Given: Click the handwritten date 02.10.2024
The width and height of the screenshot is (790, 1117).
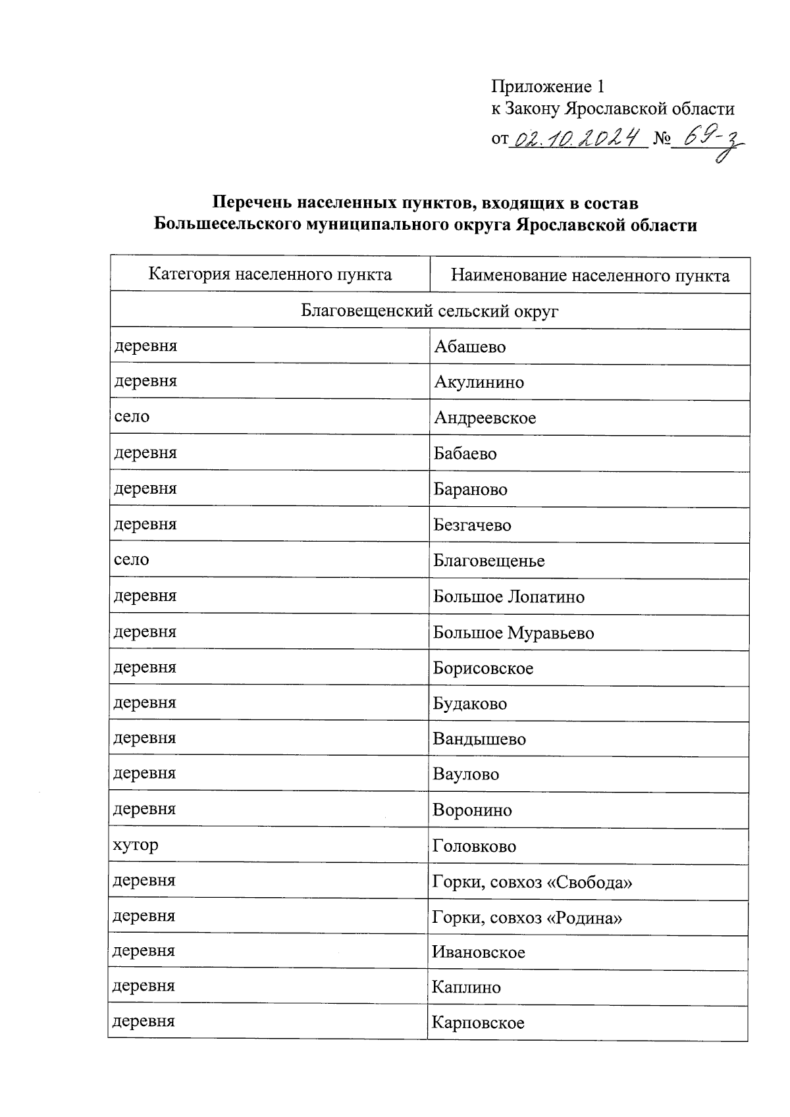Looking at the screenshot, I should (578, 139).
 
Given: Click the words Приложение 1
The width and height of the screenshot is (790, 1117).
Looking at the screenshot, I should (548, 87).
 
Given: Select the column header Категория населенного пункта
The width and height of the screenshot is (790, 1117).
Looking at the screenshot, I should (270, 274).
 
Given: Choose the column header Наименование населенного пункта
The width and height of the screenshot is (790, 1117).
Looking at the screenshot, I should (590, 276).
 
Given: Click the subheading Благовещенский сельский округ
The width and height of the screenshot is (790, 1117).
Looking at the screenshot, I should (429, 311).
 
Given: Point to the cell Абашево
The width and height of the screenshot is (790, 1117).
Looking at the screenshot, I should (470, 347).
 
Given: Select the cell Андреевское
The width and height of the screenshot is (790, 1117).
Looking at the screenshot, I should (485, 418).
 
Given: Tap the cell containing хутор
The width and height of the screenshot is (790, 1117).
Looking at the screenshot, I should (136, 845).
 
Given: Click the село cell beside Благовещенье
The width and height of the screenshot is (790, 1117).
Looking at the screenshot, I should (132, 560).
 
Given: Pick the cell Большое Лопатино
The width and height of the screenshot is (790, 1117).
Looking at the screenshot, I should (509, 597).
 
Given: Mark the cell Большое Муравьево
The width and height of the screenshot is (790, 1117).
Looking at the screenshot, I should (513, 633).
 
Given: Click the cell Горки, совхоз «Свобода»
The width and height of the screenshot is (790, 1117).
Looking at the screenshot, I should (532, 882).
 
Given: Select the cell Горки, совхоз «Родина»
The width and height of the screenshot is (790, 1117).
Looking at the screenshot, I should (527, 918).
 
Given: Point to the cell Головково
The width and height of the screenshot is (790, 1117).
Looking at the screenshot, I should (474, 846).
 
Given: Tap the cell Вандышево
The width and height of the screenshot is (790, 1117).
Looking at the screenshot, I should (479, 739).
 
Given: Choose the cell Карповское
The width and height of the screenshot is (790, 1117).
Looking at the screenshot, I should (478, 1023).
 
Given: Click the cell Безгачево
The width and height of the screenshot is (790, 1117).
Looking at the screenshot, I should (472, 525).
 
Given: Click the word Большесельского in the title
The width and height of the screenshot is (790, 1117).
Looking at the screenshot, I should (228, 225).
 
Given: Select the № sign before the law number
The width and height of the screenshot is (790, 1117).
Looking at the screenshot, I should (661, 139).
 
